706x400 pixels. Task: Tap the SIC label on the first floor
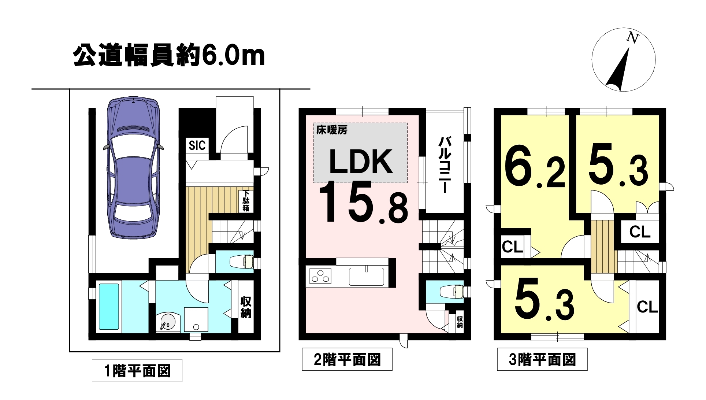[197, 145]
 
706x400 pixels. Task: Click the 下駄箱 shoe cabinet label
[246, 201]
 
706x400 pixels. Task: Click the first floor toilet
[242, 262]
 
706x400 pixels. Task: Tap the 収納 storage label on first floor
[246, 307]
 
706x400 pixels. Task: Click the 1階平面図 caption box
[137, 371]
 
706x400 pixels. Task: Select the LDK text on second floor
[361, 162]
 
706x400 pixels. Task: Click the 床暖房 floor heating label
[332, 130]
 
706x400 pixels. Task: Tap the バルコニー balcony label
[444, 165]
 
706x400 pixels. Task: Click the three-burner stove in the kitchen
[321, 276]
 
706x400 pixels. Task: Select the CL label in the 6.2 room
[512, 247]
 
